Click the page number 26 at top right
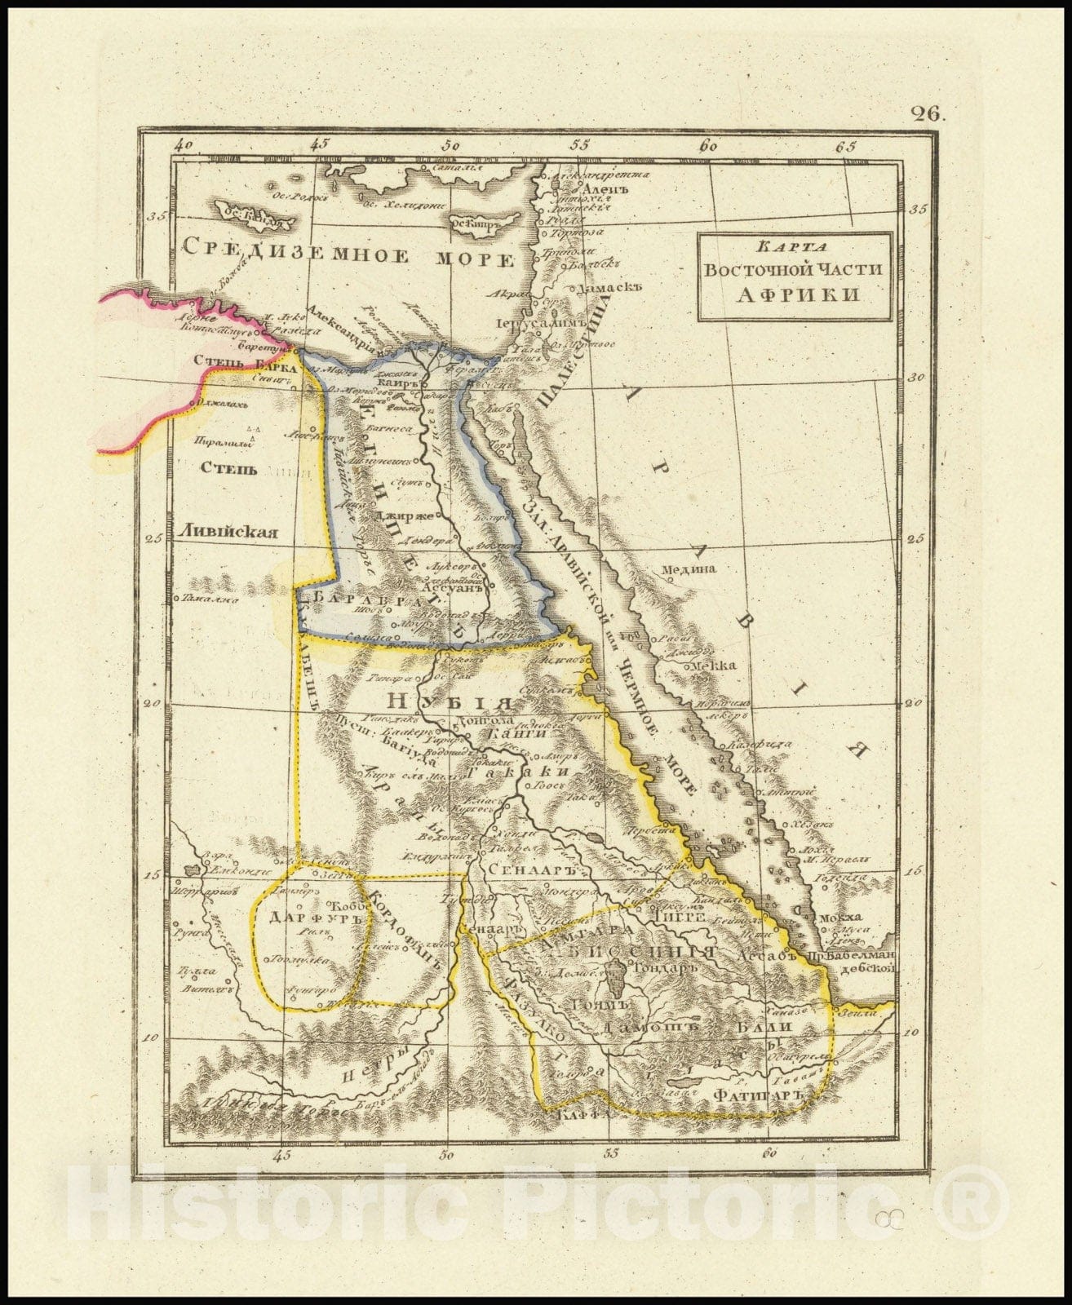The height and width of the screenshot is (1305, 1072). [929, 113]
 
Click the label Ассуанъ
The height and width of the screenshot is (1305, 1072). [454, 585]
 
